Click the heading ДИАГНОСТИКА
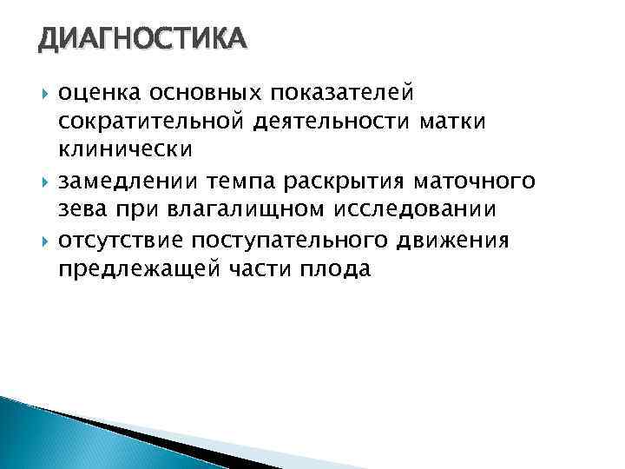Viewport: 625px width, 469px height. [x=143, y=38]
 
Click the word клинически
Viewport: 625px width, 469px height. [x=125, y=150]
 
